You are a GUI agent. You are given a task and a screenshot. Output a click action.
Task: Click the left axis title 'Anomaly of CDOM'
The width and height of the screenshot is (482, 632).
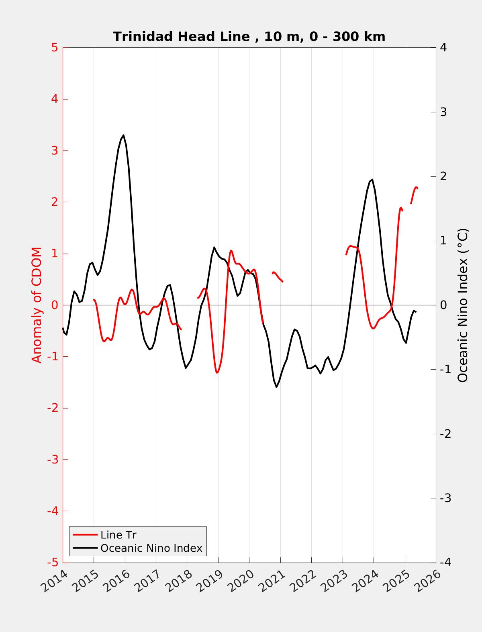click(37, 305)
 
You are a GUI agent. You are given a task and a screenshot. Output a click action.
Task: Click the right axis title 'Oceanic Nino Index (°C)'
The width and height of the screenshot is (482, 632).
click(463, 305)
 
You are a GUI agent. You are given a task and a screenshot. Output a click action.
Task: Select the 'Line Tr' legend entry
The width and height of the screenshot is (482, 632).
click(118, 535)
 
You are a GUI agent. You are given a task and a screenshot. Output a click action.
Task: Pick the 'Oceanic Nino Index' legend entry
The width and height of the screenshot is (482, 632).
click(151, 548)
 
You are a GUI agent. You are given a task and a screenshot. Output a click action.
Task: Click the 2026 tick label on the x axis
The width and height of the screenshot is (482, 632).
click(429, 582)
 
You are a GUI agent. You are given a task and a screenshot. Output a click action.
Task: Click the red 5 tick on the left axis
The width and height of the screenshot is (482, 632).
click(55, 48)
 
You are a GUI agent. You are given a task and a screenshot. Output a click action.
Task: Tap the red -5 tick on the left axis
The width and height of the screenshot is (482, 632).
click(53, 563)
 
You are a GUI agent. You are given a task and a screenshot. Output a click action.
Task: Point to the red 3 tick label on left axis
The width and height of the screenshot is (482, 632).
click(55, 151)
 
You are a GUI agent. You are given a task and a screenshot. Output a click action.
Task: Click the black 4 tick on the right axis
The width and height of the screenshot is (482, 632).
click(443, 48)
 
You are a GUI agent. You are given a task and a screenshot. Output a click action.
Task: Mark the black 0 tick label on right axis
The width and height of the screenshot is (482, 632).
click(443, 305)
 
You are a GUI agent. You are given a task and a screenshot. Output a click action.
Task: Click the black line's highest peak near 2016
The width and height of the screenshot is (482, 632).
click(123, 135)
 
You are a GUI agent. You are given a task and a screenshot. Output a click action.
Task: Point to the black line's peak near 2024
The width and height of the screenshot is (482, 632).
click(372, 179)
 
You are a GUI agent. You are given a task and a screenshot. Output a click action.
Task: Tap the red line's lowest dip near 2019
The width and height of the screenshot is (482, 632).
click(217, 373)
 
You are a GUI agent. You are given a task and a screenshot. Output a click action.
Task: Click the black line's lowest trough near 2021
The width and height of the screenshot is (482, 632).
click(276, 387)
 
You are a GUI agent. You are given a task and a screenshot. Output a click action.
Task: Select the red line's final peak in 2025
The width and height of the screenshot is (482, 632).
click(416, 187)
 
